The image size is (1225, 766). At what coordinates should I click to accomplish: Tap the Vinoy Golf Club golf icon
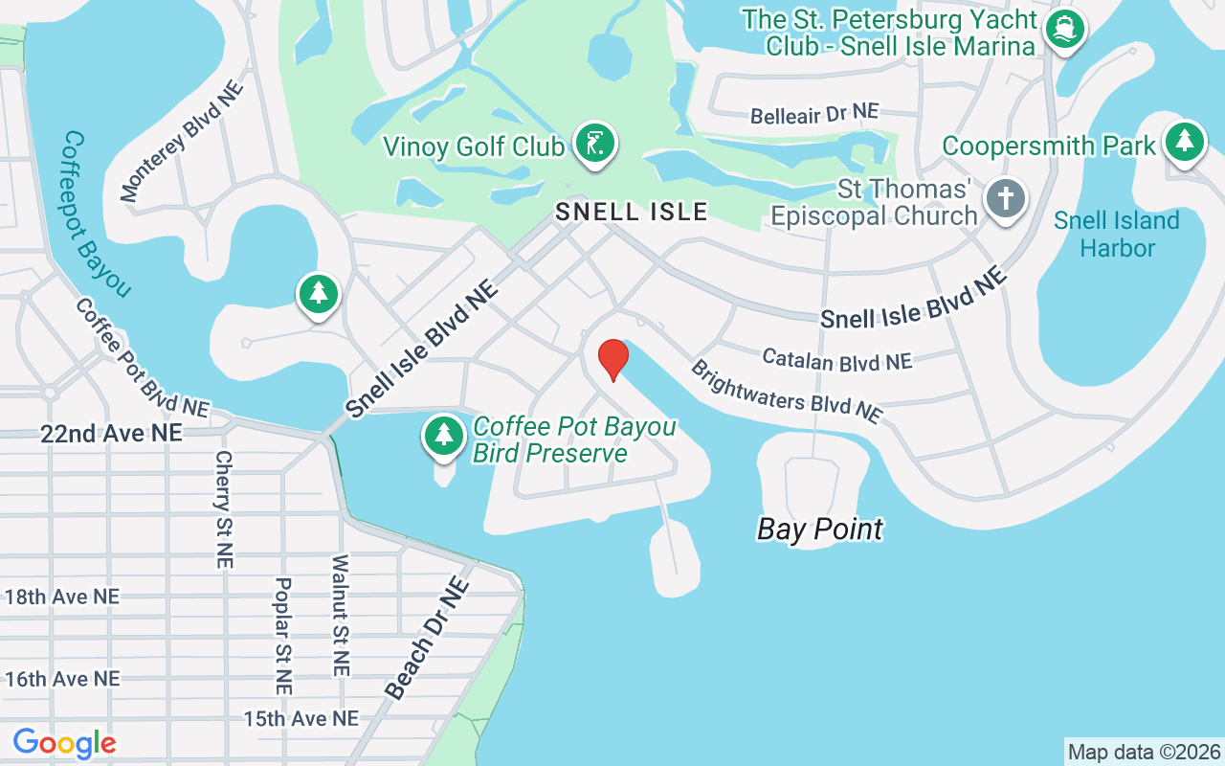[x=595, y=145]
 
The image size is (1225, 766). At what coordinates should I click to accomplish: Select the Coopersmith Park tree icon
[x=1185, y=142]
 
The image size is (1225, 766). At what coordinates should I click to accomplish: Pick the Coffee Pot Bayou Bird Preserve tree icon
[x=443, y=436]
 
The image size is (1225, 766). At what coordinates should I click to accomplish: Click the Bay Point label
[x=819, y=529]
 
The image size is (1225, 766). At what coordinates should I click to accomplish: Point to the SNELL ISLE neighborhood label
[x=633, y=212]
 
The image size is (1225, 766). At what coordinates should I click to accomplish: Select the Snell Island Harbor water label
[x=1116, y=235]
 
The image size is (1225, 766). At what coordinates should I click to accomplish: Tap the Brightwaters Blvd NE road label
[x=786, y=392]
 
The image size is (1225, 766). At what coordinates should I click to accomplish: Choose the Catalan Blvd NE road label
[x=836, y=360]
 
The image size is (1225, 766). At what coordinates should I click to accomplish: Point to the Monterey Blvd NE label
[x=182, y=142]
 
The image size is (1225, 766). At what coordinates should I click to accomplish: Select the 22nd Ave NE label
[x=111, y=434]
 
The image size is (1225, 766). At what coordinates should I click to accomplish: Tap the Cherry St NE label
[x=224, y=509]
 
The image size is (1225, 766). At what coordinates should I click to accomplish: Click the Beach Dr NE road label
[x=428, y=638]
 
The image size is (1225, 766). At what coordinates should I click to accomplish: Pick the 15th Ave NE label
[x=301, y=718]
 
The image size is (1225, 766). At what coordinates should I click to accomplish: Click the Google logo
[x=64, y=743]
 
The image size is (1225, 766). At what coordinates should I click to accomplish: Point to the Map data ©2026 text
[x=1144, y=752]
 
